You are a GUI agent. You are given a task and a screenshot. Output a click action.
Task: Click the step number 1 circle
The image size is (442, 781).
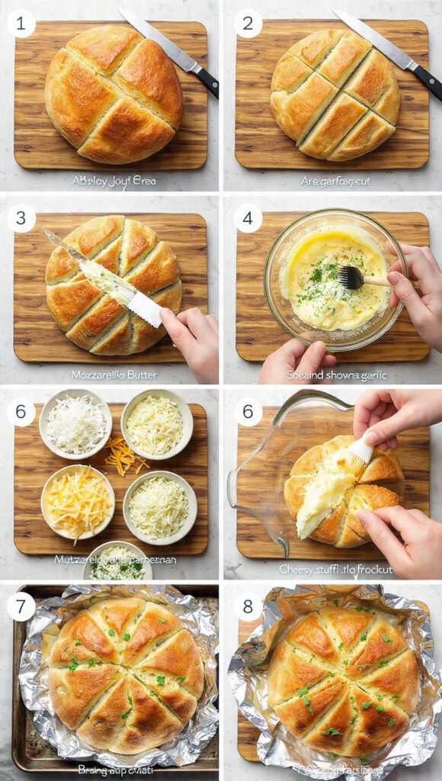pos(21,23)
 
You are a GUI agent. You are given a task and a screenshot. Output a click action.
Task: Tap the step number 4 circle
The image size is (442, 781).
pos(247,218)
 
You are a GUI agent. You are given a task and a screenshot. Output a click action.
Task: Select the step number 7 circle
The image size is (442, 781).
pos(21,606)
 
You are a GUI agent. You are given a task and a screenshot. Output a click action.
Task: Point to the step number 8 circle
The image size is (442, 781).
pos(248,606)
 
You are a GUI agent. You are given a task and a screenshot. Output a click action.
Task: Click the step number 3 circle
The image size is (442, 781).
pos(21,218)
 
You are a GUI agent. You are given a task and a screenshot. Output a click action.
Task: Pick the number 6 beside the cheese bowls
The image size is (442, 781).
pos(21,412)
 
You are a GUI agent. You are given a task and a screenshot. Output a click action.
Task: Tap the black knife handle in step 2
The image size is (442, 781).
pos(427,81)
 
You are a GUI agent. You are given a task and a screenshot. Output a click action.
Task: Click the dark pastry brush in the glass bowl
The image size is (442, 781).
pos(351,277)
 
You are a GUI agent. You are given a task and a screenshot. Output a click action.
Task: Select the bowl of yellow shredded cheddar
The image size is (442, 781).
pos(78,502)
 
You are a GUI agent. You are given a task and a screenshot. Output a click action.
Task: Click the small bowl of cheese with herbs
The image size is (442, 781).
pos(117,561)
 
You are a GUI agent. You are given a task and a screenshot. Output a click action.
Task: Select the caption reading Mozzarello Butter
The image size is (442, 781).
pos(114,374)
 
